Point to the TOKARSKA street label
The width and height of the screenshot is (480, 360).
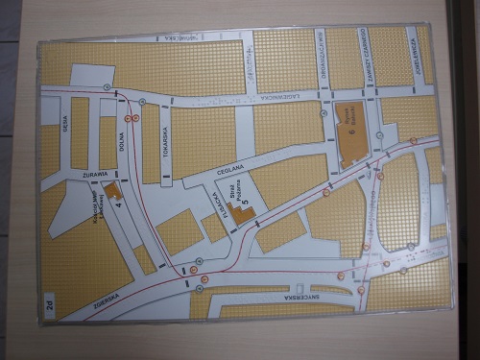click(165, 138)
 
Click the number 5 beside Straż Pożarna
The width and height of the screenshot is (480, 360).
click(247, 204)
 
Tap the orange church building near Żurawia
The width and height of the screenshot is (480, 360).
click(113, 189)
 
